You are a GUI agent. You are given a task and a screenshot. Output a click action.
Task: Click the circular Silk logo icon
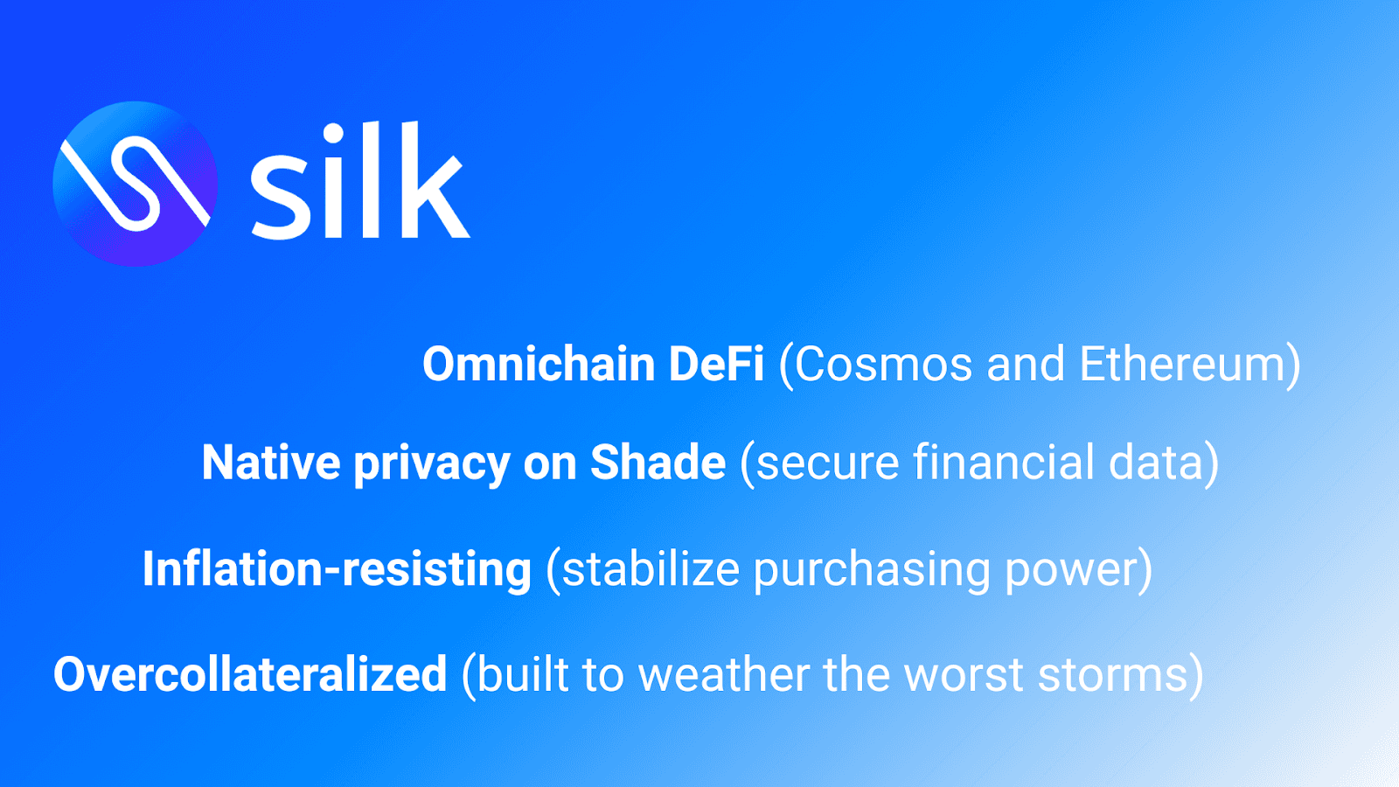[135, 184]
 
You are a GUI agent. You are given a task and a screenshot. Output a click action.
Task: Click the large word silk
[360, 180]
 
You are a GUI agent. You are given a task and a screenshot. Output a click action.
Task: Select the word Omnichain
[539, 364]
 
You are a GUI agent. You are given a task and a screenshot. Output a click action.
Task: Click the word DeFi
[716, 364]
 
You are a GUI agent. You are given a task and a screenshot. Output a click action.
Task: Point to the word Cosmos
[882, 364]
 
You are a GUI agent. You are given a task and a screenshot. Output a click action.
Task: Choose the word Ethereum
[1181, 364]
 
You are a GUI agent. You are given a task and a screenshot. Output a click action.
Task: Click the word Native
[271, 463]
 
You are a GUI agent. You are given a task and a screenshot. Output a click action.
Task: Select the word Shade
[658, 463]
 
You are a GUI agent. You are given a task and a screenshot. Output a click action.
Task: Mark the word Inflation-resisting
[338, 569]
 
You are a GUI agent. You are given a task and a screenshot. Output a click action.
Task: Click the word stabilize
[651, 568]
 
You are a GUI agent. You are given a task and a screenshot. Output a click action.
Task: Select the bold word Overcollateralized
[250, 674]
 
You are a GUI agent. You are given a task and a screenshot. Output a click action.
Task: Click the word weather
[723, 674]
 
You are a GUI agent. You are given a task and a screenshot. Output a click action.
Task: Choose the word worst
[964, 674]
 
